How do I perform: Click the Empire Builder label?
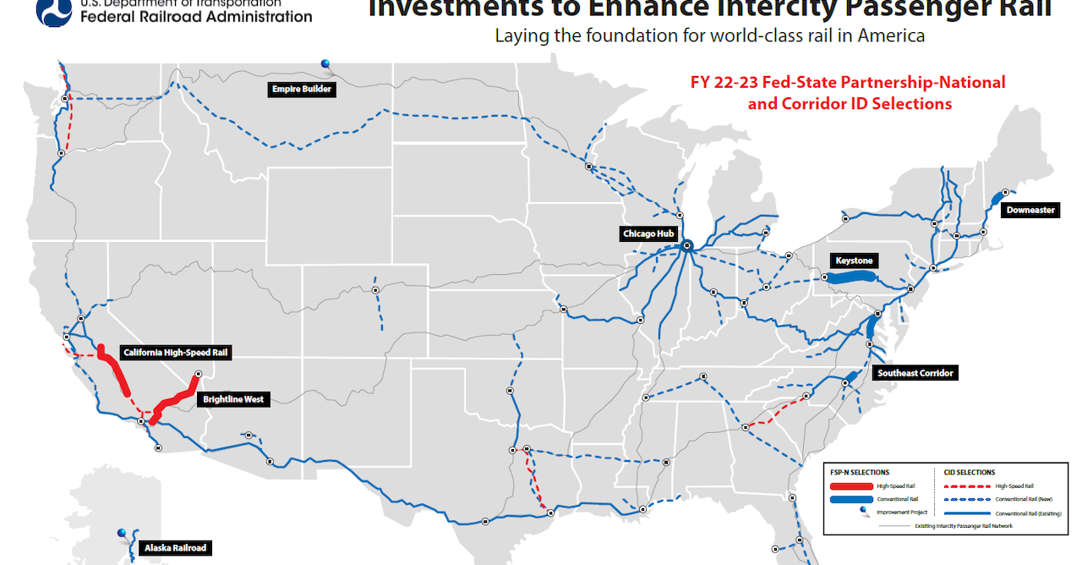(302, 89)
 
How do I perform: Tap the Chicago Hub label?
(649, 233)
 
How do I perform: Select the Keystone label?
(854, 261)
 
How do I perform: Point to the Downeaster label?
(1030, 210)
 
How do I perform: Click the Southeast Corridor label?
(915, 373)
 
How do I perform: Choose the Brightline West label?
(233, 399)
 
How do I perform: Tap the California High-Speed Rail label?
(177, 353)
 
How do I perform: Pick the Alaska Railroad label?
(174, 547)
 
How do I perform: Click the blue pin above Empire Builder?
(325, 63)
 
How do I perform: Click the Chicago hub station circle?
(686, 246)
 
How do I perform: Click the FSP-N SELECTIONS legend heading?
(860, 472)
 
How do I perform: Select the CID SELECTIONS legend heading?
(969, 472)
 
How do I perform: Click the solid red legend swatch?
(851, 486)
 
